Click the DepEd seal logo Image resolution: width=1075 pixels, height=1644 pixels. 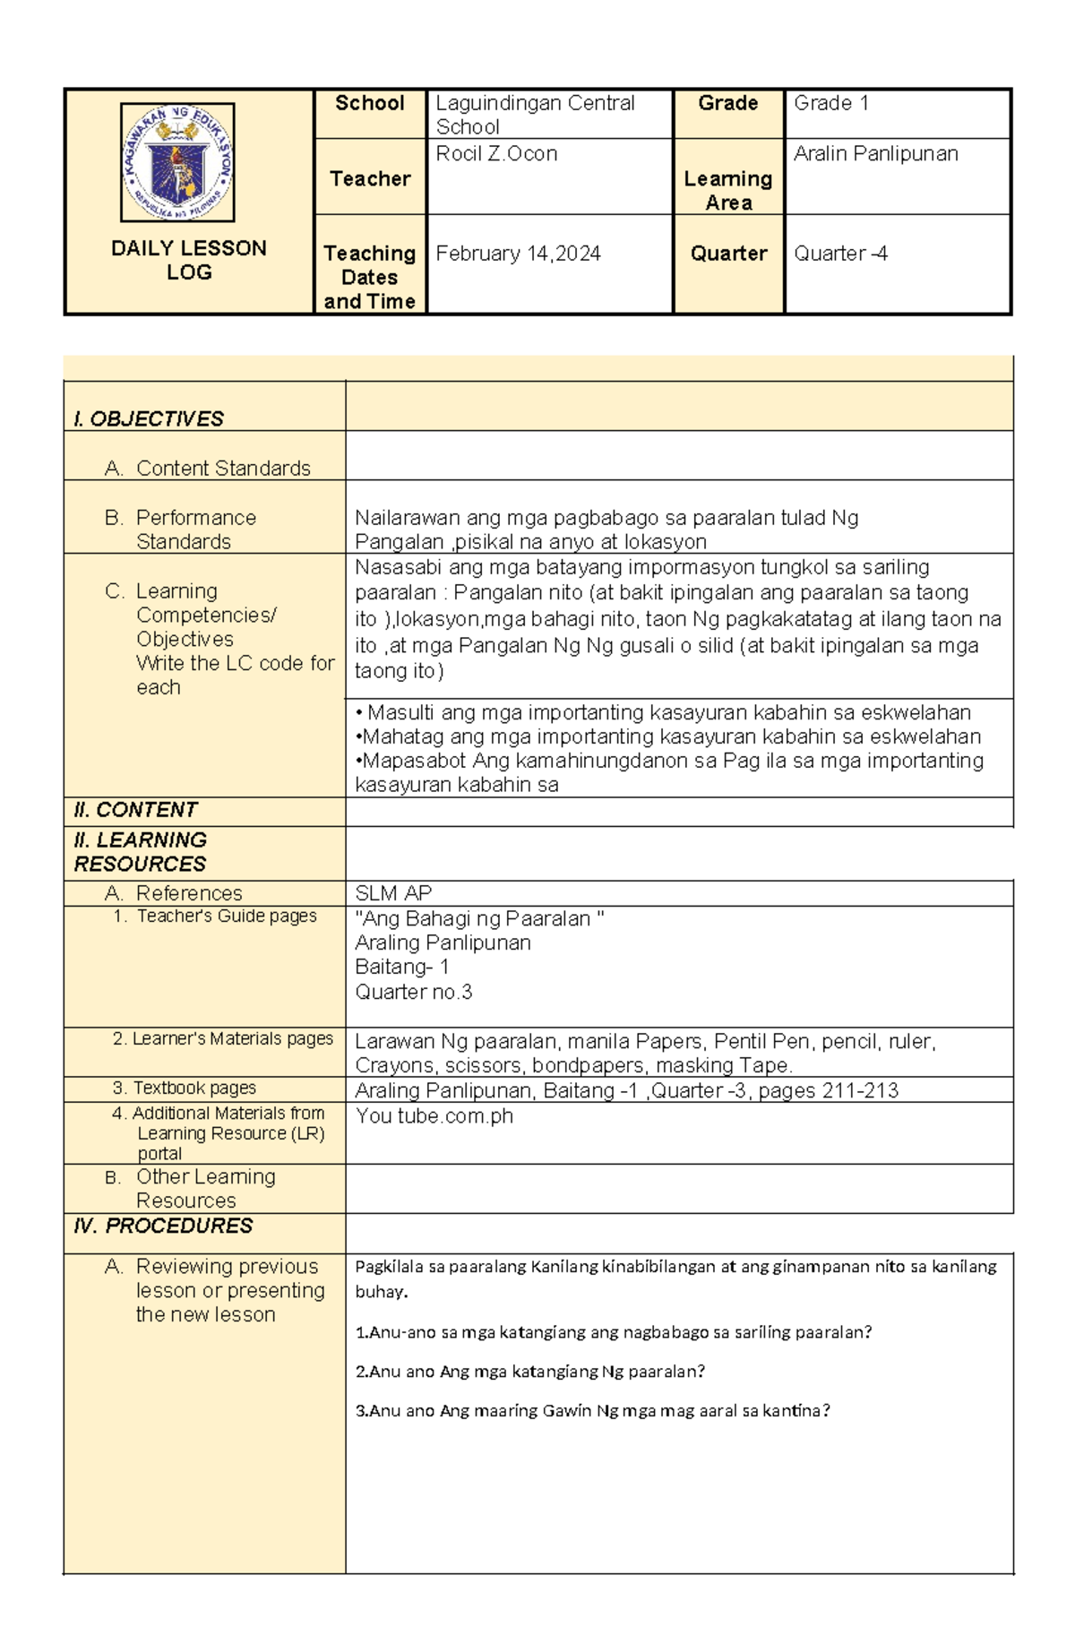click(177, 162)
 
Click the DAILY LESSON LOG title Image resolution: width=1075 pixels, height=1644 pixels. click(189, 260)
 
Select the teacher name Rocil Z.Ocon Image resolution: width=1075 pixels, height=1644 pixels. click(496, 154)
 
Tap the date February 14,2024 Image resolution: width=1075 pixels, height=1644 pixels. click(518, 254)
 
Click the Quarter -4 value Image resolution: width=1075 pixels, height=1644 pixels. click(840, 254)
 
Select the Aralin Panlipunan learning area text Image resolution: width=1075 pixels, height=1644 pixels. click(875, 154)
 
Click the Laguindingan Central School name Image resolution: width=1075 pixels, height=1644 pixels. click(535, 115)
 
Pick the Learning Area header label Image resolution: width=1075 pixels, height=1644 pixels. click(728, 191)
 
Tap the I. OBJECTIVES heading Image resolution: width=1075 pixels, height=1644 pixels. click(149, 419)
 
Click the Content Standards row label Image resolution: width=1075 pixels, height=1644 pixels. click(222, 469)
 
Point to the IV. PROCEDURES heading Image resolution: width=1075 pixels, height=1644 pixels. click(163, 1226)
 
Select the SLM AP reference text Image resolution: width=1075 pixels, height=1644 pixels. click(393, 893)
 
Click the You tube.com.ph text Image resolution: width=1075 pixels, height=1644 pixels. click(434, 1116)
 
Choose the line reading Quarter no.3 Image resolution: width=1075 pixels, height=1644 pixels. click(413, 992)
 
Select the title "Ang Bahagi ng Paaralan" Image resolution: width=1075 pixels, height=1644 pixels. click(479, 918)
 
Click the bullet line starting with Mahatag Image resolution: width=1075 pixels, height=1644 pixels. click(667, 736)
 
